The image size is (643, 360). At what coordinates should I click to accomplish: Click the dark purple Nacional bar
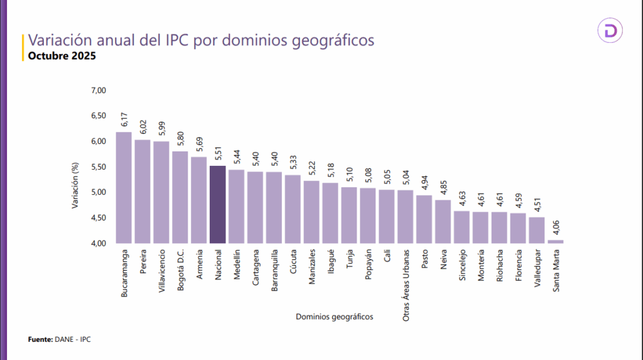(217, 204)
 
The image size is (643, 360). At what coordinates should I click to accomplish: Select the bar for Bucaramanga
(124, 187)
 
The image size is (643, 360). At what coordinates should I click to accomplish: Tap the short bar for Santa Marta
(556, 241)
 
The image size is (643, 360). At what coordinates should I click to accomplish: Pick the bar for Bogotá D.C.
(180, 197)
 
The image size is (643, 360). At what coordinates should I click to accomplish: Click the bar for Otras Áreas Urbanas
(405, 216)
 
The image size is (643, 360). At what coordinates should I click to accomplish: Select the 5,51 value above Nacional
(217, 155)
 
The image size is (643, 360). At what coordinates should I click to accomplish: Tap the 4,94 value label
(424, 184)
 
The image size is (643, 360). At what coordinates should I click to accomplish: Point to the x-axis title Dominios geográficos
(334, 317)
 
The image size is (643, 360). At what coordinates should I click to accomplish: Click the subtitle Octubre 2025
(61, 57)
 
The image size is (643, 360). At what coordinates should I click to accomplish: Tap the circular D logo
(609, 31)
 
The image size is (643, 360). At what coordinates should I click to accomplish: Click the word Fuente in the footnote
(40, 339)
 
